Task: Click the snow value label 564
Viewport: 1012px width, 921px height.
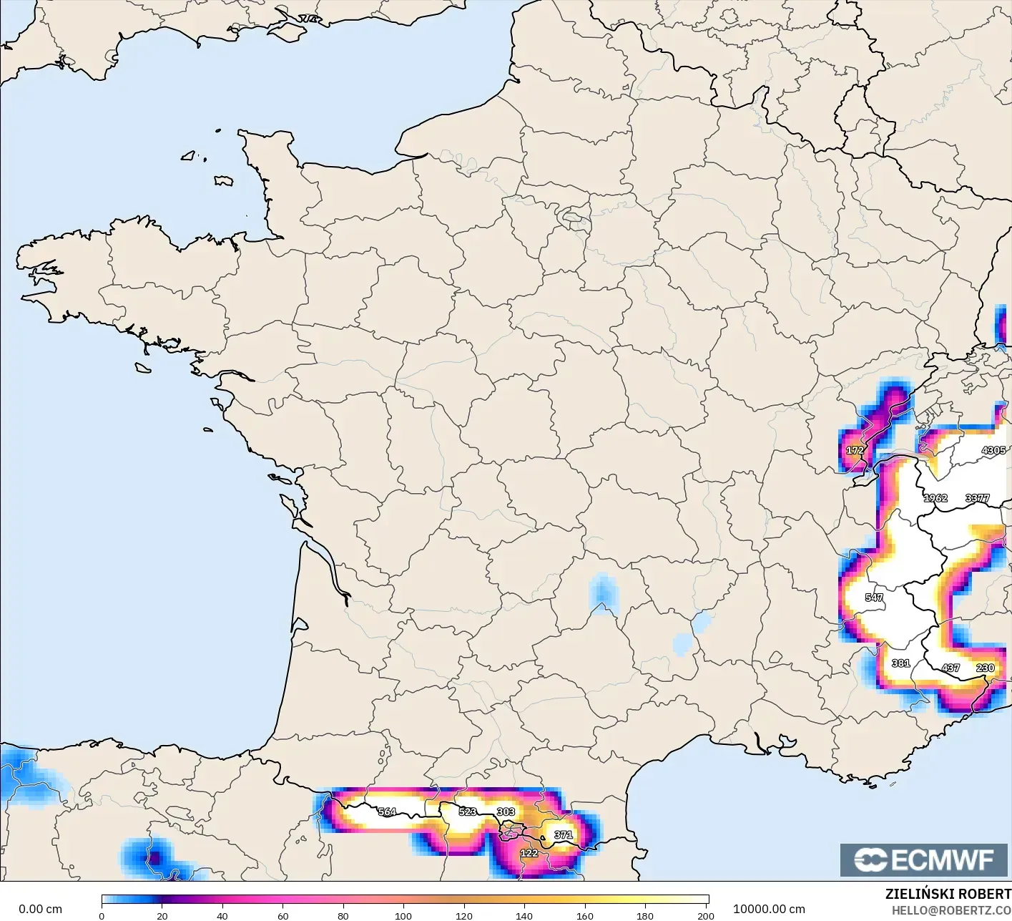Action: pyautogui.click(x=387, y=812)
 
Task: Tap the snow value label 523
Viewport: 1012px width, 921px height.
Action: pyautogui.click(x=468, y=812)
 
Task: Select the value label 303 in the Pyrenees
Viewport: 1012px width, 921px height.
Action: pyautogui.click(x=506, y=812)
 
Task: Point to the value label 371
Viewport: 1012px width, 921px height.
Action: pyautogui.click(x=564, y=834)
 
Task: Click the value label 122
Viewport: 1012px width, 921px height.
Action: pyautogui.click(x=529, y=853)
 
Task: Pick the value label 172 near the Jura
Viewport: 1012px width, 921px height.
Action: pyautogui.click(x=855, y=450)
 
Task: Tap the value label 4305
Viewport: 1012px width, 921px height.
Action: pyautogui.click(x=993, y=450)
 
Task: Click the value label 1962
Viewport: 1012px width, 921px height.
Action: pyautogui.click(x=935, y=498)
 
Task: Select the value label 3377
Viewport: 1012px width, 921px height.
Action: pyautogui.click(x=977, y=498)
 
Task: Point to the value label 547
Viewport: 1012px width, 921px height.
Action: pyautogui.click(x=874, y=598)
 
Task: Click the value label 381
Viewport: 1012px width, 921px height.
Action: pyautogui.click(x=901, y=663)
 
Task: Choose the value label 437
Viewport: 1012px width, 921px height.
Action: pyautogui.click(x=950, y=668)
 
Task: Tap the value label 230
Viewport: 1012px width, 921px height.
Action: pyautogui.click(x=986, y=668)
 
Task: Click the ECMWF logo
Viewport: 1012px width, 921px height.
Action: pyautogui.click(x=923, y=859)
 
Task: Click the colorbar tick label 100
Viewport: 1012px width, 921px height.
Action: pyautogui.click(x=403, y=915)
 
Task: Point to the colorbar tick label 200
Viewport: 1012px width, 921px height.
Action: pyautogui.click(x=706, y=915)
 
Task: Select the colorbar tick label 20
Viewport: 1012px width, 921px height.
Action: pyautogui.click(x=162, y=915)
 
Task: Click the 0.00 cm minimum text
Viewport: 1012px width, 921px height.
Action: pyautogui.click(x=41, y=909)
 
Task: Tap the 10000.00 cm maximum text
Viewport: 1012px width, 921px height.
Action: pyautogui.click(x=769, y=909)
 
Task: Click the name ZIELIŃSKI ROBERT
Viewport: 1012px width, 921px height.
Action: pyautogui.click(x=948, y=894)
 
